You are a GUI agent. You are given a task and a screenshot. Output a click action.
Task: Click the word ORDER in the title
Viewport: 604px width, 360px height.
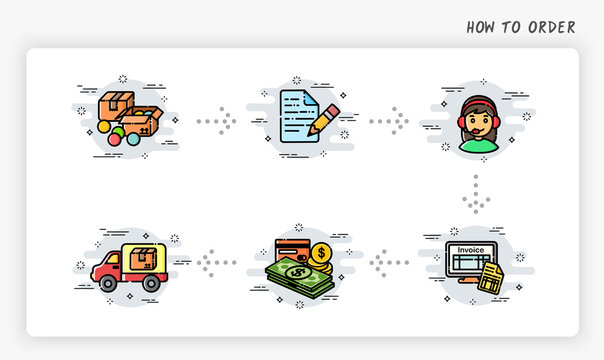pos(552,27)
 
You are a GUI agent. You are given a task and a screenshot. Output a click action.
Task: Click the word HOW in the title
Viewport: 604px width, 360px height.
pos(481,27)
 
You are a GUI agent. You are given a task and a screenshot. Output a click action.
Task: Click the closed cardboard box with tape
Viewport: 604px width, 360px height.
pos(116,103)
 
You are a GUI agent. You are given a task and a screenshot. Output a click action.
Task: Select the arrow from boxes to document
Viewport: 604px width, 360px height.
pos(217,121)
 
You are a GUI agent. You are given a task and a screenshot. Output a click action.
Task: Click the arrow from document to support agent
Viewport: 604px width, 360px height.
pos(389,121)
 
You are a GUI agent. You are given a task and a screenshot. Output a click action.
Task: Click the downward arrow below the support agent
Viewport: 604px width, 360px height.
pos(476,194)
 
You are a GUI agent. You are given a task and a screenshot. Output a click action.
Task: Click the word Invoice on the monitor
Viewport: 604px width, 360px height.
pos(471,249)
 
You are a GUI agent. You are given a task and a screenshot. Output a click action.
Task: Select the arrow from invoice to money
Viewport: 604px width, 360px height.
pos(389,263)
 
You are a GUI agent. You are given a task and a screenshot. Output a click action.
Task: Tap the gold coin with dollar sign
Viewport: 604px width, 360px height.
pos(322,253)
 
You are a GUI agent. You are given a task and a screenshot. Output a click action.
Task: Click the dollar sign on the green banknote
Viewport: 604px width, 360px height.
pos(297,271)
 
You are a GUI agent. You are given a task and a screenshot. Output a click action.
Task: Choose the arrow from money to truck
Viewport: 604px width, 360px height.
pos(213,263)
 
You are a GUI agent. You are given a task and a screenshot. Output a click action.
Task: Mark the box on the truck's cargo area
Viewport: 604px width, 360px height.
pos(144,258)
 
